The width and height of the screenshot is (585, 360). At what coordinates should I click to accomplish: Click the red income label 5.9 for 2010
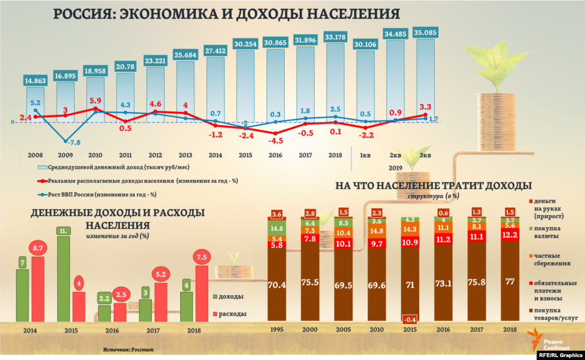95,99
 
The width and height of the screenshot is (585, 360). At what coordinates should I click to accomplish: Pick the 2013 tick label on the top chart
185,155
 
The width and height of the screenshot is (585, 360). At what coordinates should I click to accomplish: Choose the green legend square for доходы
215,297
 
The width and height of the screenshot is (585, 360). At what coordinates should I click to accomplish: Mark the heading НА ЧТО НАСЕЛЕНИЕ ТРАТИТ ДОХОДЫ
433,186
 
